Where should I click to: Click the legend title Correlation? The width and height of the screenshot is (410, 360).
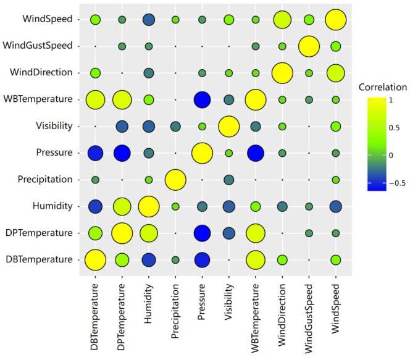coord(385,87)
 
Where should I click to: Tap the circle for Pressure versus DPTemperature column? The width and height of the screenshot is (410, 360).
coord(122,153)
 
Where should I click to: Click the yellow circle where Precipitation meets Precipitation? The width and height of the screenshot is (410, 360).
coord(175,180)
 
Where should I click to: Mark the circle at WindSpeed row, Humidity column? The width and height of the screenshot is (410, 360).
coord(148,20)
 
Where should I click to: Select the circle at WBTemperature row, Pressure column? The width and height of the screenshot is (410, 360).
coord(202,99)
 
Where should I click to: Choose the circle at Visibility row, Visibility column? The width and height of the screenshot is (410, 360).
coord(228,126)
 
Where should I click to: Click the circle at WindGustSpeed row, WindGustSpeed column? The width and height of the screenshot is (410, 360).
coord(309,46)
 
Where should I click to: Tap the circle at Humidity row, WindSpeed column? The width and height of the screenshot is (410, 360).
coord(335,206)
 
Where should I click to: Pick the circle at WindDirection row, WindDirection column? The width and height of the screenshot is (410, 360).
coord(282,73)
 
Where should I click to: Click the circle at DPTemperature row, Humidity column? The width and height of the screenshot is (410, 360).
coord(148,233)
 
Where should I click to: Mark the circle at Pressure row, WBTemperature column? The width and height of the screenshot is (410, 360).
coord(255,153)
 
